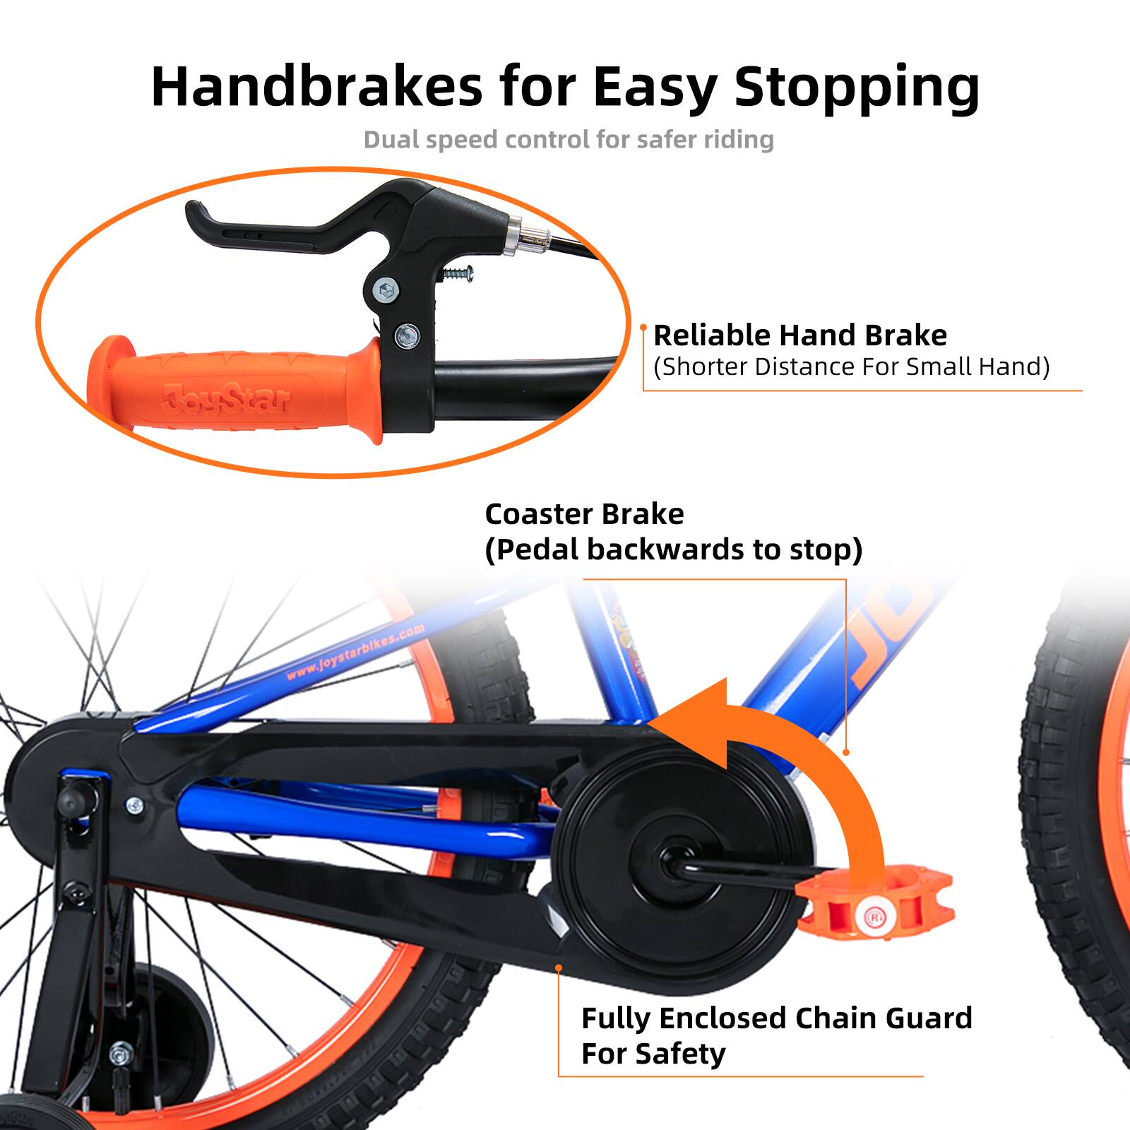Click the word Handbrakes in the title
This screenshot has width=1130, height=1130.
(x=316, y=86)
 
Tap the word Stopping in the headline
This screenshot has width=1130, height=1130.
(x=856, y=88)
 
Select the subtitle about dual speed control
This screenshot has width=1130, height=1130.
(x=569, y=139)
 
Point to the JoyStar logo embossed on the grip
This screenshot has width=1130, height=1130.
(x=225, y=400)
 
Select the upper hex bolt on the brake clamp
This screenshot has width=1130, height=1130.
(x=386, y=289)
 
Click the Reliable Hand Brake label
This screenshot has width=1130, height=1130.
(x=799, y=335)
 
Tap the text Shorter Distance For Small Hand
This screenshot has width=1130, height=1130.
(x=851, y=367)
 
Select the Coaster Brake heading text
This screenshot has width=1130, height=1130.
(x=584, y=514)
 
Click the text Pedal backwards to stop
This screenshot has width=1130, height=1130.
(x=673, y=549)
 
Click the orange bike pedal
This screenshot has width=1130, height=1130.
(x=876, y=911)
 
